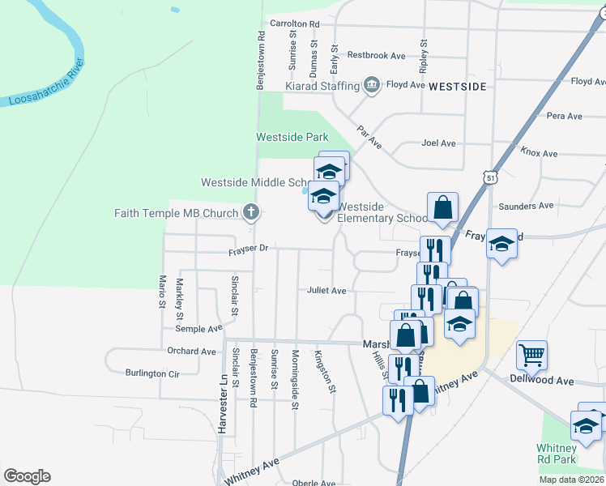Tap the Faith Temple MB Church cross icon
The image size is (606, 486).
point(252,213)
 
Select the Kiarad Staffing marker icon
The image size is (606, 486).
point(372,85)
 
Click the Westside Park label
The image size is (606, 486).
point(292,137)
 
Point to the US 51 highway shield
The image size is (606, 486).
point(491,177)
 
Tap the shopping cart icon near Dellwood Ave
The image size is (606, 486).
point(531,354)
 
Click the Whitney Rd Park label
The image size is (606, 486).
point(557,454)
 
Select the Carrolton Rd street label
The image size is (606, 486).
point(295,24)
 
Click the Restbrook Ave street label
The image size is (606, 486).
point(376,55)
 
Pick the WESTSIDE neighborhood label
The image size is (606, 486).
point(457,85)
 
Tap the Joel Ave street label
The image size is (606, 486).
point(438,143)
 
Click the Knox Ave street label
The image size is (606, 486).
point(539,152)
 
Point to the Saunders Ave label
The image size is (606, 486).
point(526,206)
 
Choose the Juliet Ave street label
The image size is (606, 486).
point(326,290)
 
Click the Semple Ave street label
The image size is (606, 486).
point(198,329)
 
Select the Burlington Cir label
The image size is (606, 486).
point(151,373)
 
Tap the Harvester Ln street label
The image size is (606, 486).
point(220,403)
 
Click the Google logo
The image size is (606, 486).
point(27,476)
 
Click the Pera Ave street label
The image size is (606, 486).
point(565,116)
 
